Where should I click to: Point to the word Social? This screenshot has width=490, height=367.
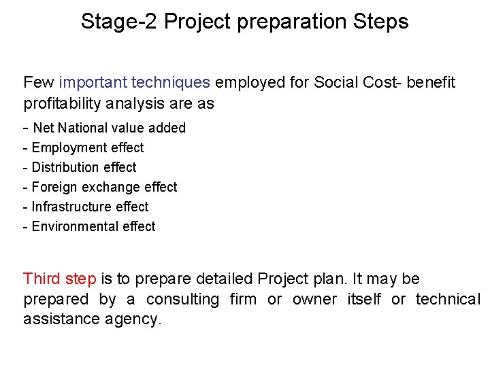tap(332, 83)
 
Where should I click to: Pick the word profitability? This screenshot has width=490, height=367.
tap(63, 104)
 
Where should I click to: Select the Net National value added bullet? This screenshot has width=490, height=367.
tap(109, 128)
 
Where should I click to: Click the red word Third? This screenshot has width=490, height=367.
tap(42, 279)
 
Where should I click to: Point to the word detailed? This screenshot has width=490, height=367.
tap(224, 279)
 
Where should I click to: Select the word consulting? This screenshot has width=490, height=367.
tap(182, 300)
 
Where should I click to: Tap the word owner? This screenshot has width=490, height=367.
tap(314, 300)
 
